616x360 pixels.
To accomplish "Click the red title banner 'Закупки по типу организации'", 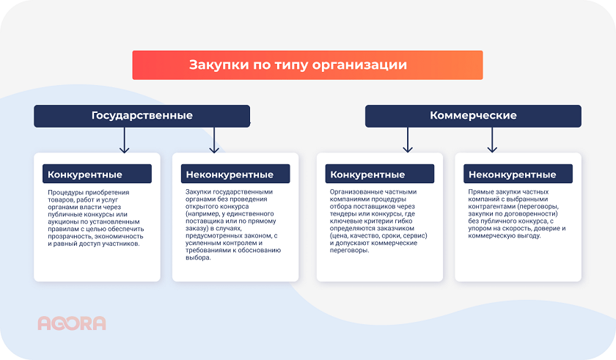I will pyautogui.click(x=307, y=65).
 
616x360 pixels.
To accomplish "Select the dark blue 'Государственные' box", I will pyautogui.click(x=142, y=116).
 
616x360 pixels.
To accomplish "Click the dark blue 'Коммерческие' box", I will pyautogui.click(x=473, y=116).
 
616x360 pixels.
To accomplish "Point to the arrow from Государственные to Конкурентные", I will pyautogui.click(x=125, y=140).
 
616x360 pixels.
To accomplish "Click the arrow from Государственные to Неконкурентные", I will pyautogui.click(x=214, y=140).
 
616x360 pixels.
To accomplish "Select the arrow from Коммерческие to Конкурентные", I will pyautogui.click(x=408, y=140).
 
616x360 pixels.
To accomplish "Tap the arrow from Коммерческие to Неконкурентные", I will pyautogui.click(x=493, y=140).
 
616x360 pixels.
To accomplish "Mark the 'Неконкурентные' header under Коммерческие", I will pyautogui.click(x=513, y=175).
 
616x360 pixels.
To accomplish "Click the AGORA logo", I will pyautogui.click(x=72, y=323).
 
